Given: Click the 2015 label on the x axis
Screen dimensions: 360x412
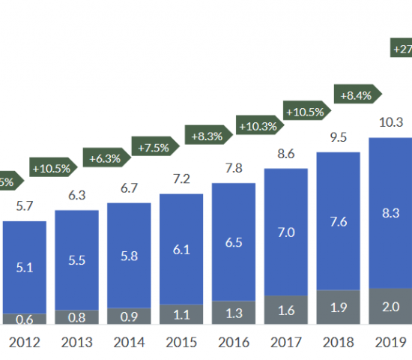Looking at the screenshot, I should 181,343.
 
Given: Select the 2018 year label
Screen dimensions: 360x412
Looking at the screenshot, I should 339,343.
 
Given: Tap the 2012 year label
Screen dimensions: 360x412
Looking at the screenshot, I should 25,343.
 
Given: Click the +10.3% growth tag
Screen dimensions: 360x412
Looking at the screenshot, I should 259,125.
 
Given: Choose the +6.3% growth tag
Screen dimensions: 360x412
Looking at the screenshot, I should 106,158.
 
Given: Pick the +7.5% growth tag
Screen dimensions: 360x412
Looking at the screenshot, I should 154,147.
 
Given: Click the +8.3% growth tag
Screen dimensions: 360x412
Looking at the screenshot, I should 207,136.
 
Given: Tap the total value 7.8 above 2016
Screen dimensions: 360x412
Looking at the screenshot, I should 234,167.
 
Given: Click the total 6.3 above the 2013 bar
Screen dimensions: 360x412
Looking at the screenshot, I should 76,195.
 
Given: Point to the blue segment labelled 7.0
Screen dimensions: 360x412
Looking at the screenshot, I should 286,232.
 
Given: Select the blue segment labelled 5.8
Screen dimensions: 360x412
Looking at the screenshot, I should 129,255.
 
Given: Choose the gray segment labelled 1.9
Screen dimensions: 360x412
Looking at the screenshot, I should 339,307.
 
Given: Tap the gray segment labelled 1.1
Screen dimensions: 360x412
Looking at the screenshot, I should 181,315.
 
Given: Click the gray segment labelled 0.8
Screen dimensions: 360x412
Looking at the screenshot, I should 76,317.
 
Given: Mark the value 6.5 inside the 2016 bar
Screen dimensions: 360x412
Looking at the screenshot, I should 234,241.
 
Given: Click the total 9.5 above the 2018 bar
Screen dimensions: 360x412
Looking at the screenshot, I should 339,136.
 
